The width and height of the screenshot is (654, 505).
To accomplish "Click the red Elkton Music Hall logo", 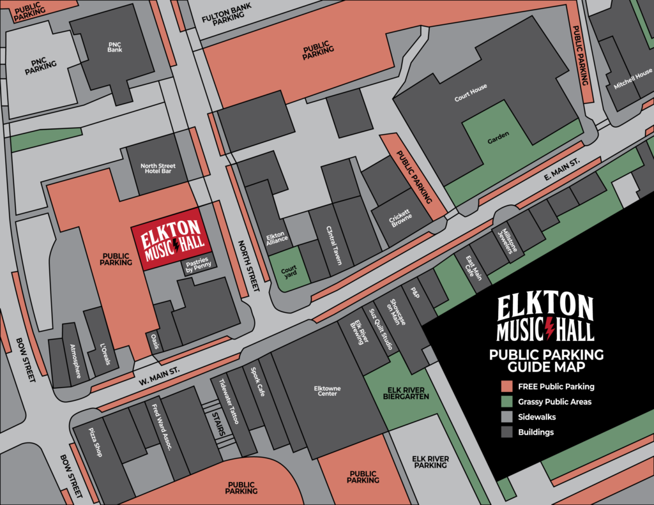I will (x=169, y=239).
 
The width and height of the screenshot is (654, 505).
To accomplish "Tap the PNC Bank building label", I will (x=115, y=47).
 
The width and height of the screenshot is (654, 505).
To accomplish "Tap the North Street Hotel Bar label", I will (x=157, y=169).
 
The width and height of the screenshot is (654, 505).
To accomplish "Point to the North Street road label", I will (x=248, y=266).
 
